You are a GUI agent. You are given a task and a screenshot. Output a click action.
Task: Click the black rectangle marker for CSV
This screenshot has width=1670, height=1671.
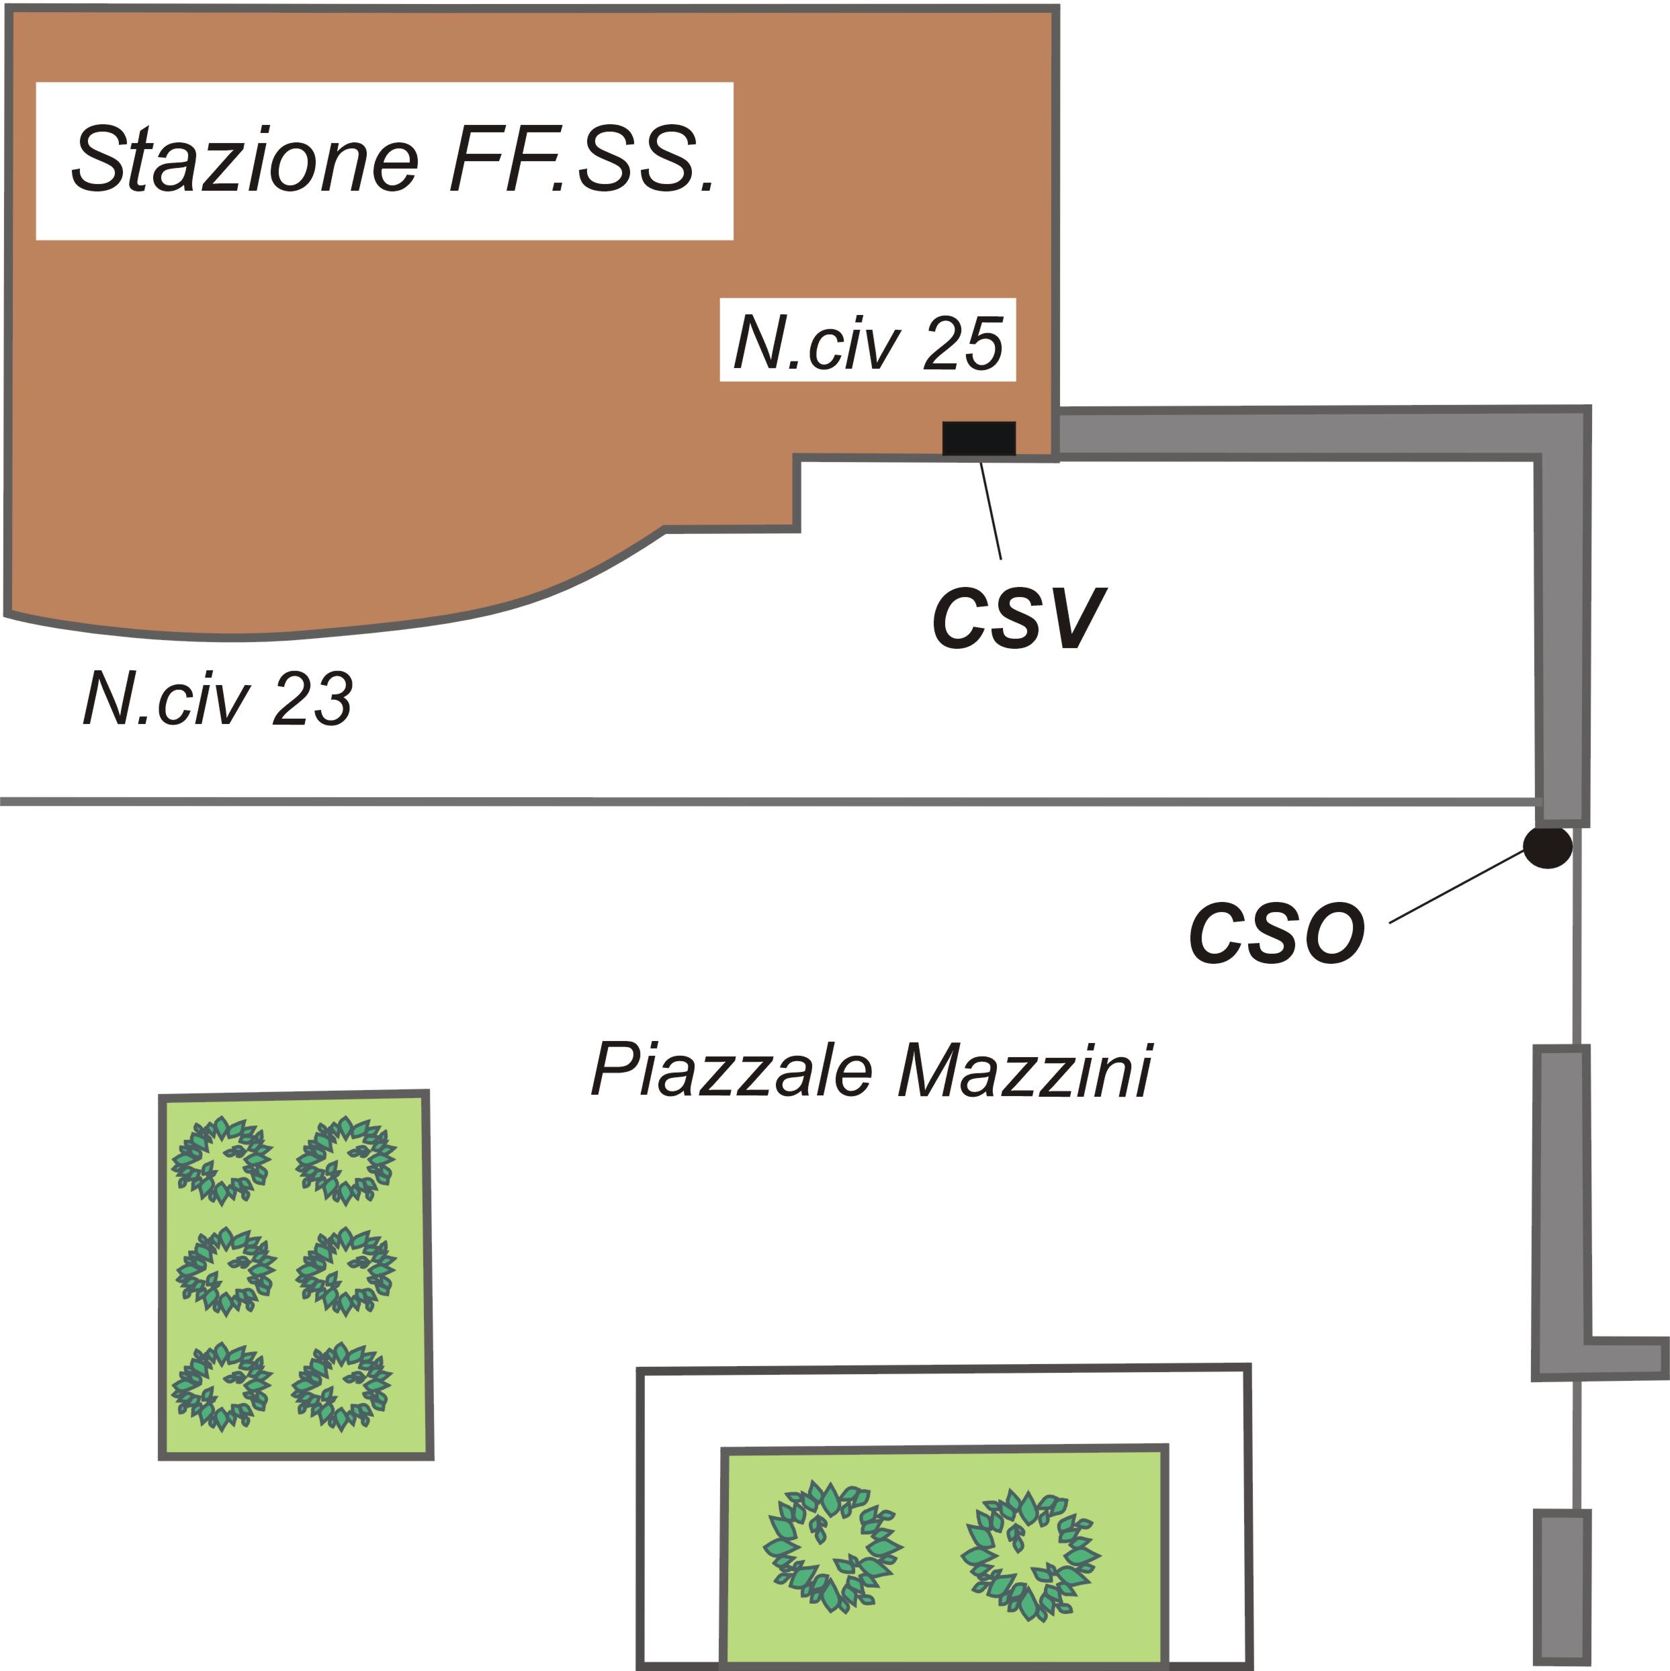(979, 439)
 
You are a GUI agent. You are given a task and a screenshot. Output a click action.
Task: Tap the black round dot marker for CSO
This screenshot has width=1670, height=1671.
(1547, 847)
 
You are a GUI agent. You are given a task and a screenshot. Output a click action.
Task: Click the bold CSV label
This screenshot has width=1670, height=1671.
(1018, 619)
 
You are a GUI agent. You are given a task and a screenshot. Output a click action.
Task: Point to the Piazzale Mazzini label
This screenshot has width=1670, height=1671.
(871, 1071)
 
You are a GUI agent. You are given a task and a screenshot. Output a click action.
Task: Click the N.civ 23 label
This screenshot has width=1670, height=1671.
(218, 699)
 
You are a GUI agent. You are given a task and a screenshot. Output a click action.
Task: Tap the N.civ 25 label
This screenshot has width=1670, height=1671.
(868, 343)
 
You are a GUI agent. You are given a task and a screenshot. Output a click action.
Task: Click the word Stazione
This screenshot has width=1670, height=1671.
(245, 161)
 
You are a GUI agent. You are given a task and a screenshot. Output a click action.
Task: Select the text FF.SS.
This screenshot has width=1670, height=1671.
(583, 161)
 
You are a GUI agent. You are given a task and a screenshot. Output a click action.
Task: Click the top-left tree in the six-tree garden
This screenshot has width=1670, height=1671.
(222, 1161)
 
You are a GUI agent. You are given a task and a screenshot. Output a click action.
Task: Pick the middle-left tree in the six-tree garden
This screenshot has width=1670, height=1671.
(225, 1271)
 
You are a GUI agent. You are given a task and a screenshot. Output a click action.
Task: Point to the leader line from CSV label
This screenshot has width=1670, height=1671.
(991, 510)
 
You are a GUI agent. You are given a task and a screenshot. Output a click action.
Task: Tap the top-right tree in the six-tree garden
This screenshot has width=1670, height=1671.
(346, 1161)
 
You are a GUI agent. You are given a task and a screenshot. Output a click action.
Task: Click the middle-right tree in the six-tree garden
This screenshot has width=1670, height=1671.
(346, 1271)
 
